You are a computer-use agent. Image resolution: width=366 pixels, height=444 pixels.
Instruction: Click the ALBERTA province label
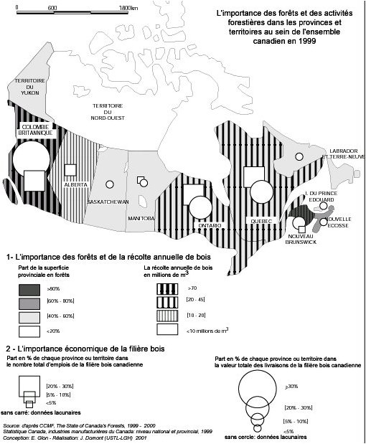coord(75,184)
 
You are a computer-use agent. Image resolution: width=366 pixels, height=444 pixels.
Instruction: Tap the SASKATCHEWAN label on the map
coord(108,202)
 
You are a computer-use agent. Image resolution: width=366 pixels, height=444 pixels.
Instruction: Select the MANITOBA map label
coord(141,218)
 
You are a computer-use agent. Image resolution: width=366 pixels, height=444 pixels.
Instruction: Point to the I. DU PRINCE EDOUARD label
coord(322,197)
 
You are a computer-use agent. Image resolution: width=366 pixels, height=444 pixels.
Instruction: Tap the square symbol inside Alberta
coord(70,170)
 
